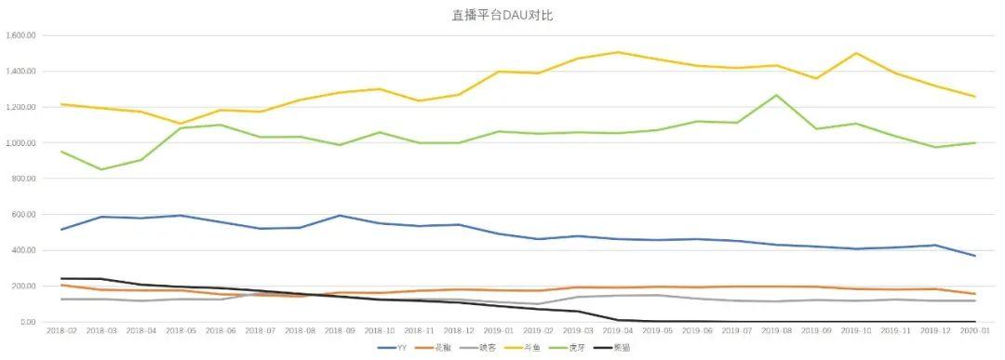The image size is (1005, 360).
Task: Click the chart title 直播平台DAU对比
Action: tap(502, 15)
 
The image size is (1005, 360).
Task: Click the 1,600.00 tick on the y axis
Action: tap(20, 35)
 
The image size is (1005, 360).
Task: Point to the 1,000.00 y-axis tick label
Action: tap(20, 143)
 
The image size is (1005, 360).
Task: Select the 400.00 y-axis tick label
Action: tap(22, 251)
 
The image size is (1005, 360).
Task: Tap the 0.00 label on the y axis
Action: tap(28, 323)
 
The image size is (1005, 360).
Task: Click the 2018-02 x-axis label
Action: tap(61, 331)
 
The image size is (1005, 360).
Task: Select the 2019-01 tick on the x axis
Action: tap(500, 331)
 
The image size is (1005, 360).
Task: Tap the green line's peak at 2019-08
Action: tap(777, 95)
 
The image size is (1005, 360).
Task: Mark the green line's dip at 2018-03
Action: tap(101, 169)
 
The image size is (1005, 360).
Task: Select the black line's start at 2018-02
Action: tap(61, 278)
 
